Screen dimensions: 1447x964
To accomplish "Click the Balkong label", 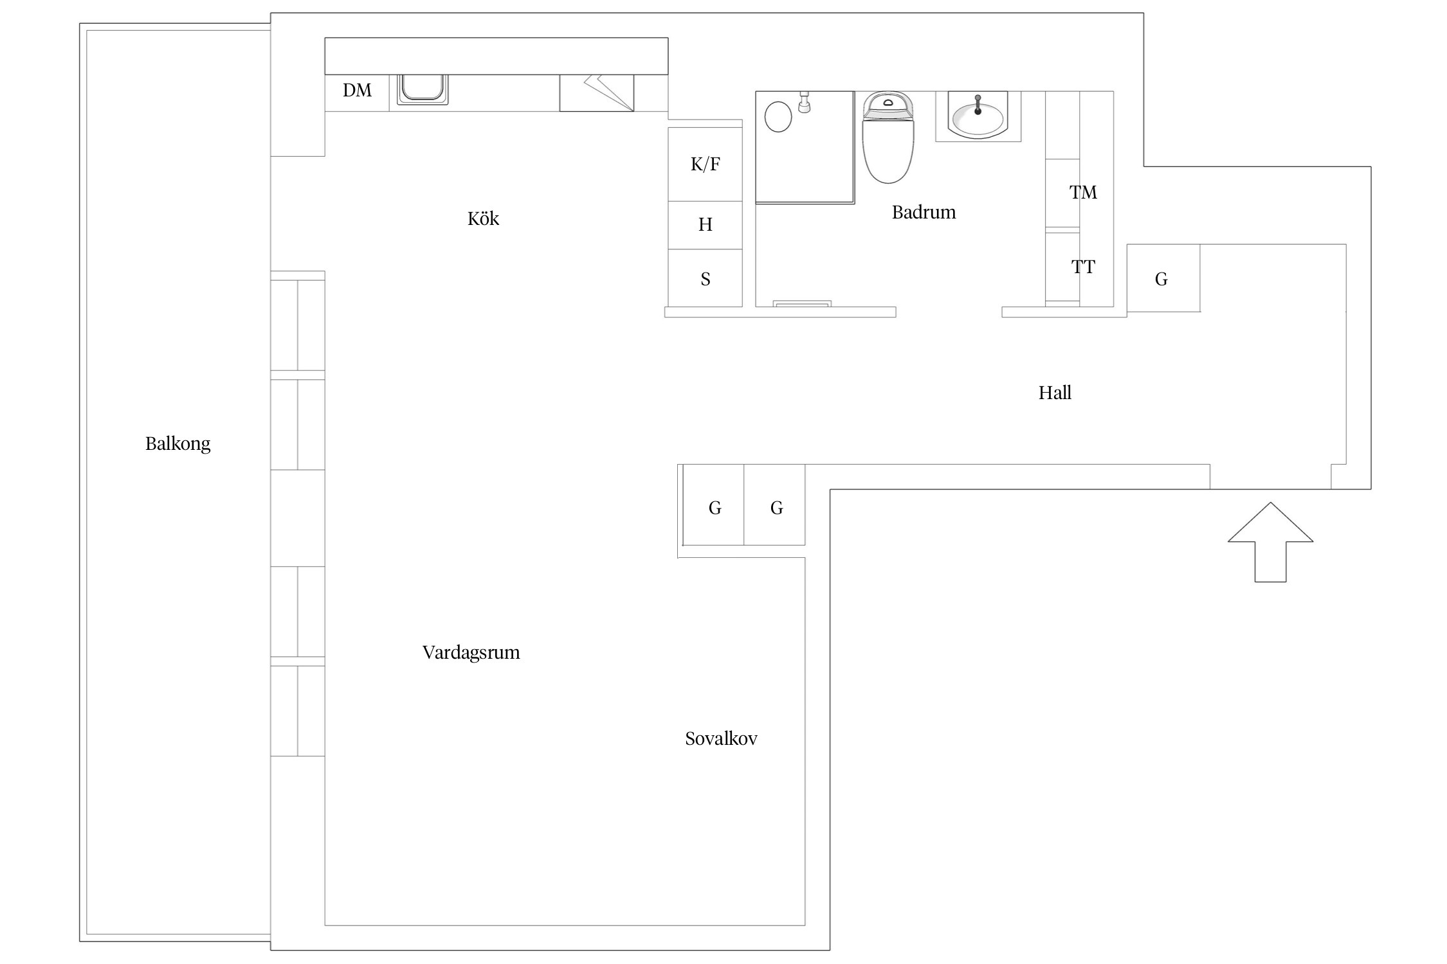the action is [177, 443].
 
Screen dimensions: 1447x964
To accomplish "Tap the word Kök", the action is [483, 219].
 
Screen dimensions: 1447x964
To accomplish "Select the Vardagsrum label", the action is [471, 653].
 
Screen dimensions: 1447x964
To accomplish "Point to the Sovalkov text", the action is [721, 738].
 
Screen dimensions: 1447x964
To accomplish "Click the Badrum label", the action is [924, 212].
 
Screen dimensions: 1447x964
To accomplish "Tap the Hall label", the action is [1055, 393].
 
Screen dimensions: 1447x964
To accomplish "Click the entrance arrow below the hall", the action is [1270, 542].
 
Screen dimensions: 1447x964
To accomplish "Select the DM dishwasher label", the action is [357, 90].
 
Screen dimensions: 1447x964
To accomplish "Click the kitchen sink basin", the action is [423, 89].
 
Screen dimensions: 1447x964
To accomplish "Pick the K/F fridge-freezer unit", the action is [705, 165].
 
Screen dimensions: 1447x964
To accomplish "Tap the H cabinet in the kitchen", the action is [705, 225].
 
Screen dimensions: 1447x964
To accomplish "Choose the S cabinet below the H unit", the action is [705, 278].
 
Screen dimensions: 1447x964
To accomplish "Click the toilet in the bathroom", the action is [887, 137].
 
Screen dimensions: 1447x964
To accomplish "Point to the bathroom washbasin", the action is [978, 116].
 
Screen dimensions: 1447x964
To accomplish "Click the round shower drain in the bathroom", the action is [778, 117].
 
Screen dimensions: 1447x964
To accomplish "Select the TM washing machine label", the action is [1083, 192].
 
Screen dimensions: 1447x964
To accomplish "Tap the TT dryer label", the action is [1083, 267].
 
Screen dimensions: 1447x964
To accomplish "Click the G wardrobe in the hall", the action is [1163, 278].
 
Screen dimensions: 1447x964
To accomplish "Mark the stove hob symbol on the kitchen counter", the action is [596, 93].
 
